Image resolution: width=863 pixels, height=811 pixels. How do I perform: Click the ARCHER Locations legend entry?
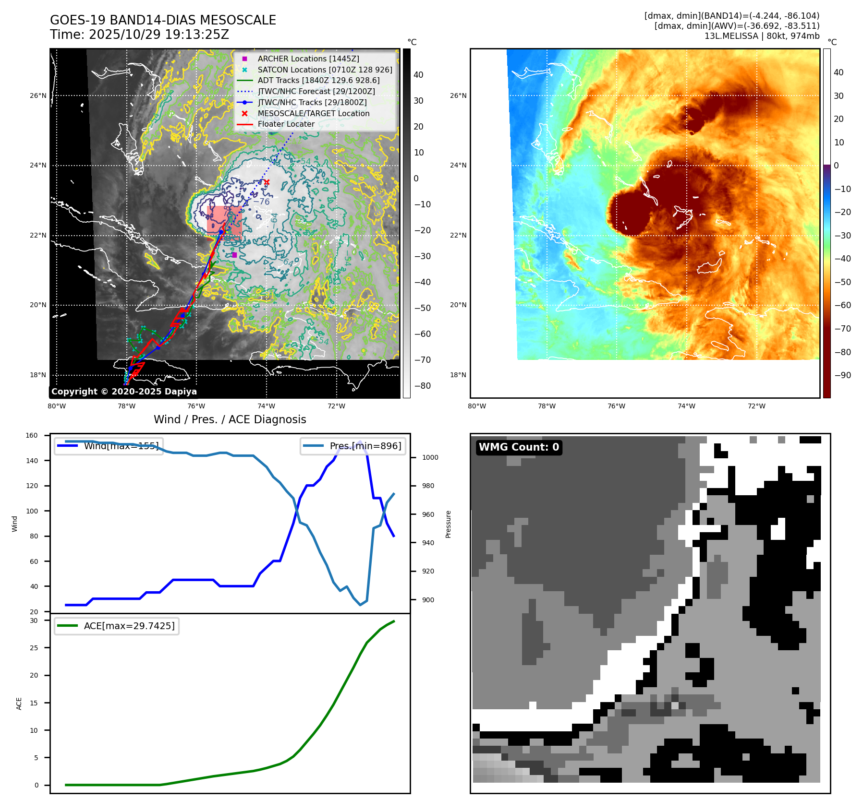pos(308,59)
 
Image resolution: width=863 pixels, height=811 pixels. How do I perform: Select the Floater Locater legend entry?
pos(286,124)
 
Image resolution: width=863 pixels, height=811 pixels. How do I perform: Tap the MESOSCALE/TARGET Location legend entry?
pos(313,113)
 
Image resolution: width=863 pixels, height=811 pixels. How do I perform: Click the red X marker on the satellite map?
pos(267,182)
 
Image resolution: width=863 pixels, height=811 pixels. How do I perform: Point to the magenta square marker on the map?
pos(234,255)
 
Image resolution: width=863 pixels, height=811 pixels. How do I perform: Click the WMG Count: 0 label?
pos(519,447)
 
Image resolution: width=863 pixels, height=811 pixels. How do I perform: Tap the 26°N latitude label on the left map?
pos(38,95)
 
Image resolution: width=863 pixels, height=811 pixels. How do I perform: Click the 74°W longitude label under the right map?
pos(686,406)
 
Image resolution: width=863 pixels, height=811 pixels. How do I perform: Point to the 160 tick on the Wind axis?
pos(32,435)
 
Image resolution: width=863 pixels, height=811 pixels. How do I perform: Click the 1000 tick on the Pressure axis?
pos(430,457)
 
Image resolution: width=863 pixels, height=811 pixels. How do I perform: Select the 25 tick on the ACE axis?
pos(34,648)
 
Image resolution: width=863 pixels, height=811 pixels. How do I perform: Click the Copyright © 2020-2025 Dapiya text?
pos(124,392)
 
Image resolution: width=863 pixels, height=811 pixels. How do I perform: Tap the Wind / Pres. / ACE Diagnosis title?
pos(230,419)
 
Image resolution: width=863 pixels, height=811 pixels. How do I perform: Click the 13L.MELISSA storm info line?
pos(762,36)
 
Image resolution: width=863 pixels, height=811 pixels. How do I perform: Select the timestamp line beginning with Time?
pos(139,35)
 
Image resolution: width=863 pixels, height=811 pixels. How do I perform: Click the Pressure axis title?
pos(448,524)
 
